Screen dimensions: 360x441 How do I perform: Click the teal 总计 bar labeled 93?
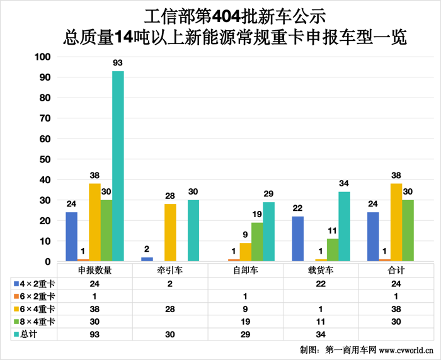[118, 166]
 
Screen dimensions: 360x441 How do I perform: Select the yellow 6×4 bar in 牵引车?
[170, 232]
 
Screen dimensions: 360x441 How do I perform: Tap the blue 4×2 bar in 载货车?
[298, 239]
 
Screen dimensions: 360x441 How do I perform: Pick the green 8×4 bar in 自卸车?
[257, 242]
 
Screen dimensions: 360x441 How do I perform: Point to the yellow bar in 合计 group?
[396, 222]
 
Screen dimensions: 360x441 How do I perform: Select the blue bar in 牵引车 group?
[147, 259]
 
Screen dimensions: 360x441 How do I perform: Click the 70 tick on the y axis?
[44, 118]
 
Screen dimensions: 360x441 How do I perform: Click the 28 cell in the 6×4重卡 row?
[170, 309]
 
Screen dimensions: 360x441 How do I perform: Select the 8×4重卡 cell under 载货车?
[321, 322]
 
